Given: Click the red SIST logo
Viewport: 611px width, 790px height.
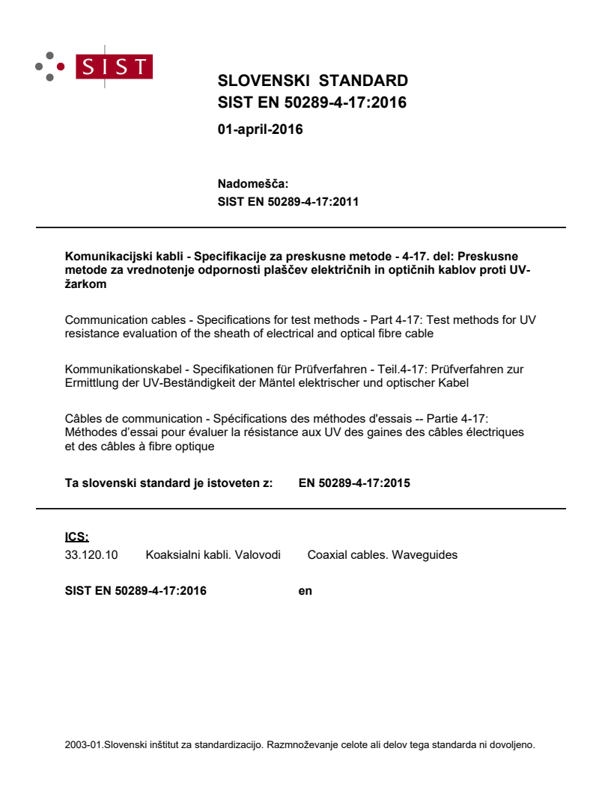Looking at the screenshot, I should coord(117,66).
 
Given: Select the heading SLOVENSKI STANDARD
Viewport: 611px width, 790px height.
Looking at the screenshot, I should coord(312,81).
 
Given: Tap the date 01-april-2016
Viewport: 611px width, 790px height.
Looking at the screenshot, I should coord(260,129).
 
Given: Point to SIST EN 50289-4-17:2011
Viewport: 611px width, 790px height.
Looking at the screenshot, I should coord(288,201).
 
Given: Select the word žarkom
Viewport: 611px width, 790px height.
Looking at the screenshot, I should coord(85,284).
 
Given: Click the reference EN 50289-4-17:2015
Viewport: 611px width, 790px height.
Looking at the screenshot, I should coord(354,483).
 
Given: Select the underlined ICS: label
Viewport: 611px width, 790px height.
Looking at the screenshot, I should coord(77,536).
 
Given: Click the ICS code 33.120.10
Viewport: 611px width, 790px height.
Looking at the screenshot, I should coord(91,555).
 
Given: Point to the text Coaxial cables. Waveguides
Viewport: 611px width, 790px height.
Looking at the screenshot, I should coord(382,555).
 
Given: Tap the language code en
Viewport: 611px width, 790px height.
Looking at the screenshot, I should coord(305,591).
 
